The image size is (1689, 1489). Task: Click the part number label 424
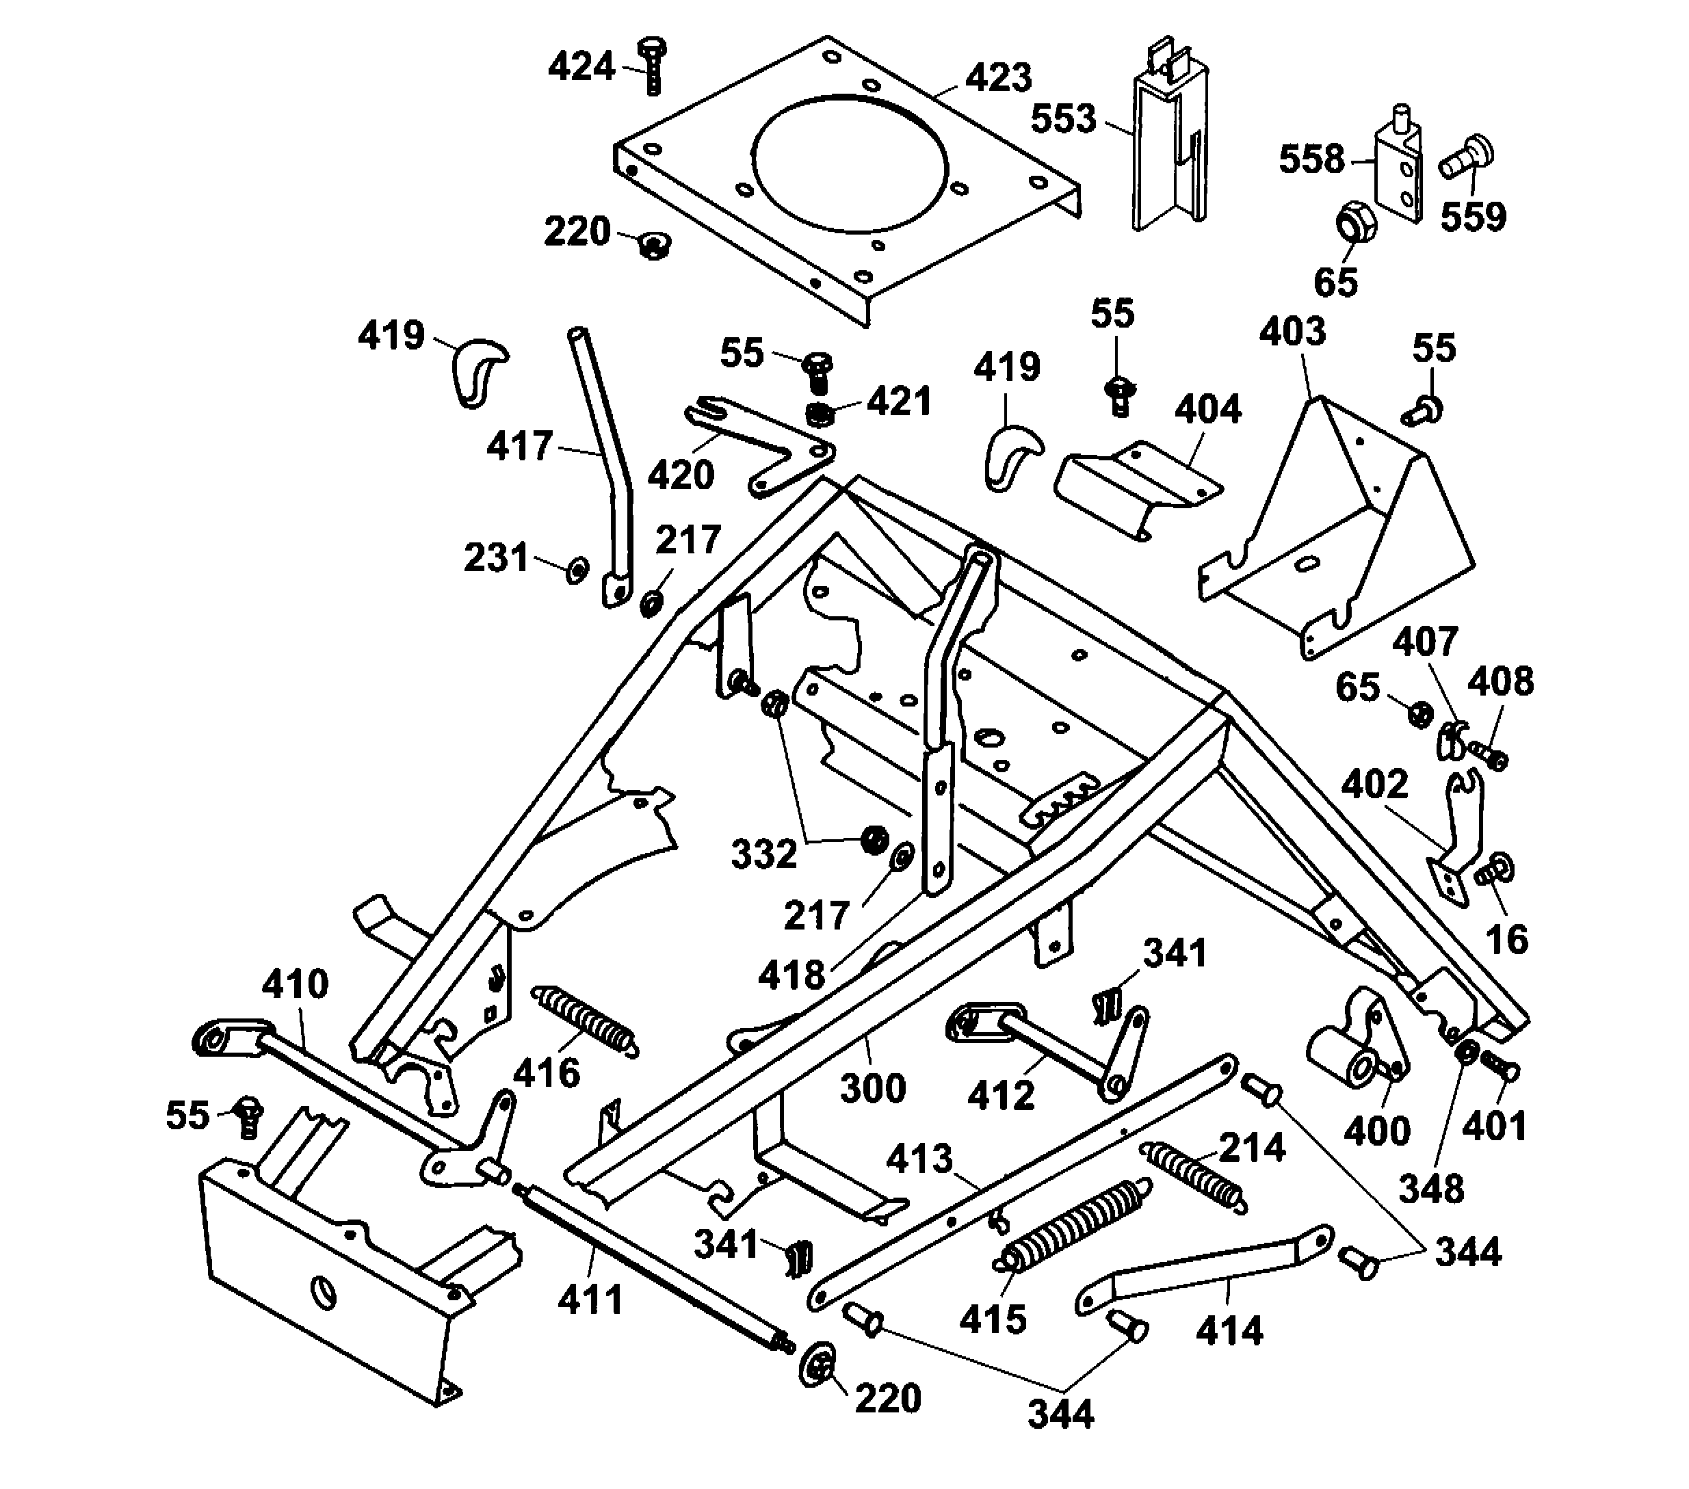coord(581,66)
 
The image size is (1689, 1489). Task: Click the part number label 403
coord(1292,331)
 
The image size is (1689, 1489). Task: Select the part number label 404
coord(1207,409)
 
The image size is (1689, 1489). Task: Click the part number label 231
coord(496,557)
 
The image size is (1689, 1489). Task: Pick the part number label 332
coord(763,854)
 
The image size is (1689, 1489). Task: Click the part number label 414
coord(1229,1331)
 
